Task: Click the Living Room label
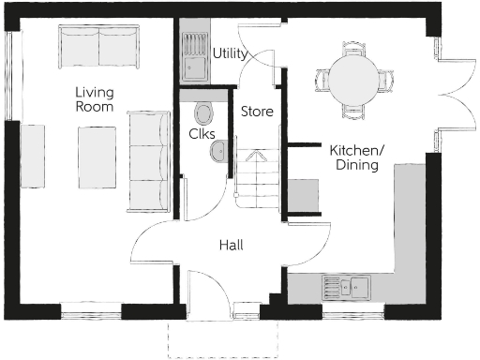[95, 99]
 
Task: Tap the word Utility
[231, 53]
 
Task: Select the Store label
[257, 112]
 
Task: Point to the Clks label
[202, 134]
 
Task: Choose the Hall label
[232, 245]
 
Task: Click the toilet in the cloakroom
[203, 113]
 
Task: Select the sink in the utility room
[195, 56]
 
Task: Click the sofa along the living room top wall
[97, 45]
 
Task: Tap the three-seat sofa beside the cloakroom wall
[145, 159]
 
